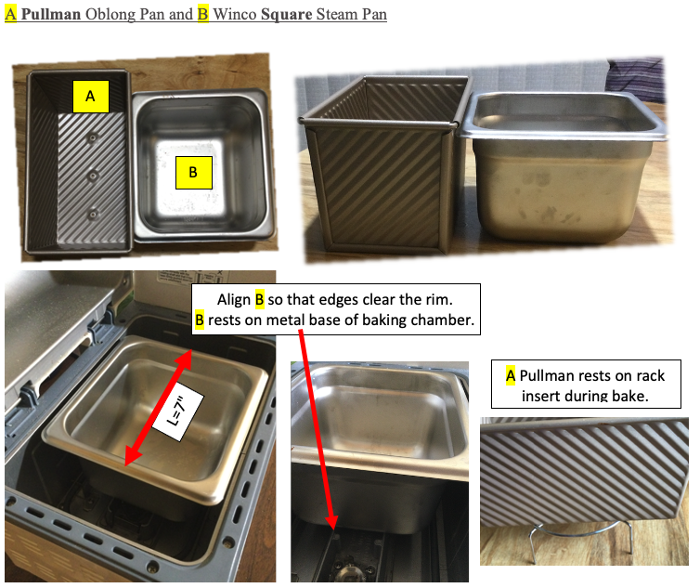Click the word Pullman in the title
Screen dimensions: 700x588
[x=51, y=14]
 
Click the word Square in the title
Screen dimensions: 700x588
[x=286, y=14]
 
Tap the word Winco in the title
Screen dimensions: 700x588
[x=234, y=14]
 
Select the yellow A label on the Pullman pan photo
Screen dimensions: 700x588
[x=91, y=96]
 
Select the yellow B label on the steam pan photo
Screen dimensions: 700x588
[x=193, y=172]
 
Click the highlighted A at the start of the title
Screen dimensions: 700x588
[x=11, y=14]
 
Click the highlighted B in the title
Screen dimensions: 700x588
[x=203, y=14]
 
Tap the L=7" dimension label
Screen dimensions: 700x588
[x=177, y=412]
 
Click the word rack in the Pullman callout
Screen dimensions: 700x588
[x=651, y=376]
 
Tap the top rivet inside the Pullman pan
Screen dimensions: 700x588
[x=93, y=138]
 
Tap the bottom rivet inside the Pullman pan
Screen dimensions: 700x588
[x=93, y=215]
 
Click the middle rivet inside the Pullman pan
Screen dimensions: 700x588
[x=93, y=176]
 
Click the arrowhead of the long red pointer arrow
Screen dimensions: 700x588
[x=331, y=520]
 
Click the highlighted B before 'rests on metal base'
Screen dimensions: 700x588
[x=200, y=320]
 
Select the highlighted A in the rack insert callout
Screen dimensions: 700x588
[x=511, y=376]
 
